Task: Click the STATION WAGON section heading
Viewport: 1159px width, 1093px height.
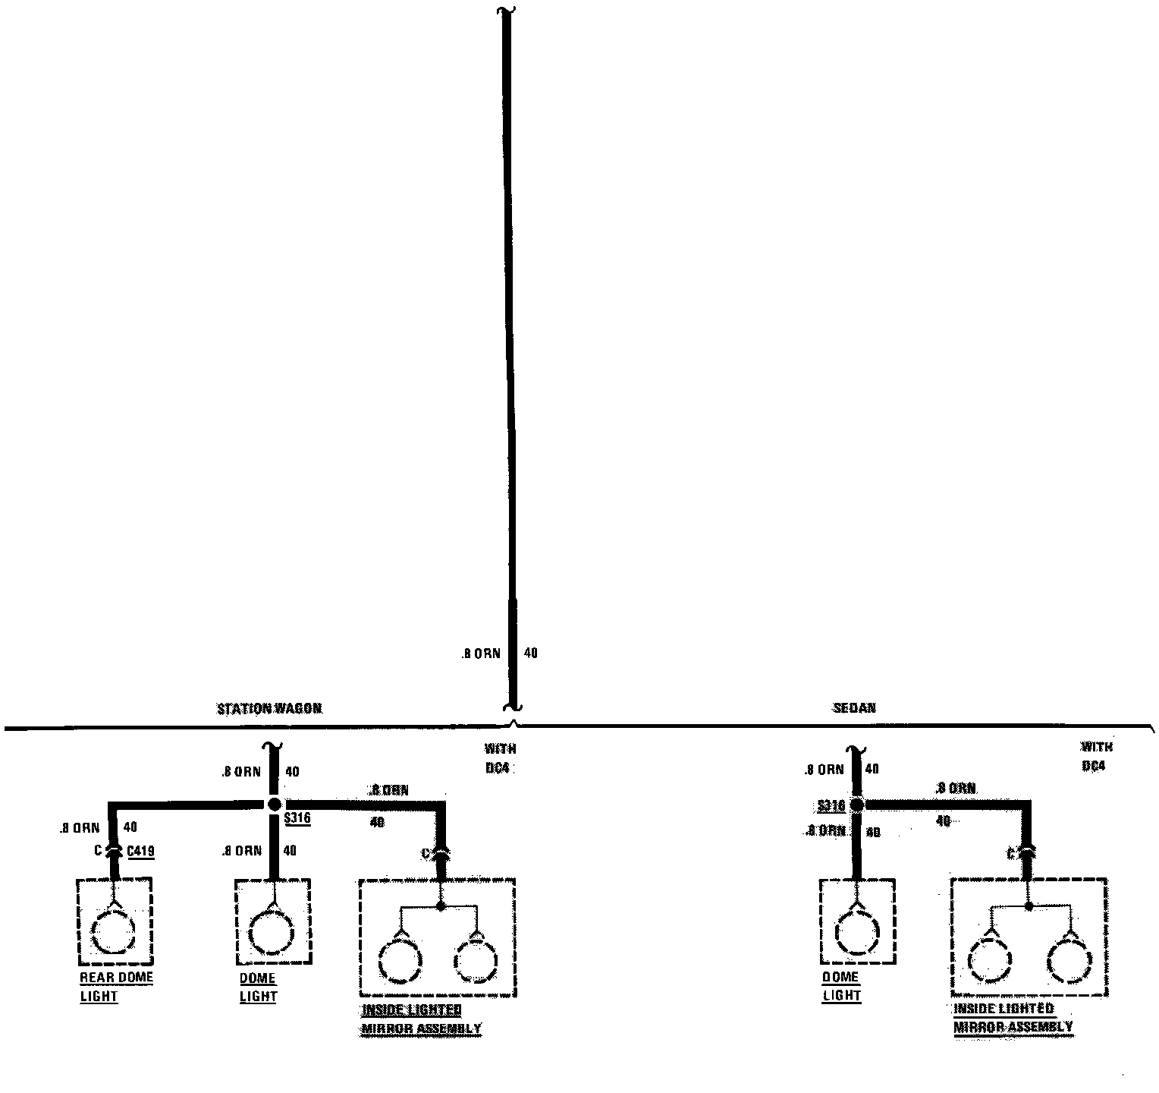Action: click(x=269, y=709)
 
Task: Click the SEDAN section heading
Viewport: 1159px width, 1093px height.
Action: click(x=854, y=708)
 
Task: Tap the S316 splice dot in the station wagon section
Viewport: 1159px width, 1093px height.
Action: click(x=275, y=805)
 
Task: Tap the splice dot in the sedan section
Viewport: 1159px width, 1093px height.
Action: click(x=856, y=805)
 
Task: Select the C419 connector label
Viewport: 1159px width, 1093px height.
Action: click(x=140, y=852)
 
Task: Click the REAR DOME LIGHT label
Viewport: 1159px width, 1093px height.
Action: click(x=116, y=987)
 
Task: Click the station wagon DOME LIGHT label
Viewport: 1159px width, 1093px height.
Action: click(x=258, y=987)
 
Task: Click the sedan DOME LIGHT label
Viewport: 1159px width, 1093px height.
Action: click(x=841, y=986)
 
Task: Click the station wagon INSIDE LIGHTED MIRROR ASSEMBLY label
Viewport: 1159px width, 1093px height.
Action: click(x=420, y=1019)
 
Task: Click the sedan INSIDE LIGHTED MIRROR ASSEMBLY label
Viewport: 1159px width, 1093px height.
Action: click(x=1013, y=1018)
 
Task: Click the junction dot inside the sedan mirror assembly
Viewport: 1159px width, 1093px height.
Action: click(x=1029, y=906)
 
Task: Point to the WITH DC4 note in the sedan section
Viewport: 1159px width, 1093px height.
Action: click(x=1097, y=757)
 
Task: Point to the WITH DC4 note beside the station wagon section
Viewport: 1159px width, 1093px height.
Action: click(x=500, y=758)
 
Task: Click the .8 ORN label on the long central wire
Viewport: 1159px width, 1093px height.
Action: click(x=481, y=654)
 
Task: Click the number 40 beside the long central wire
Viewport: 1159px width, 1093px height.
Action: click(x=531, y=653)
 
